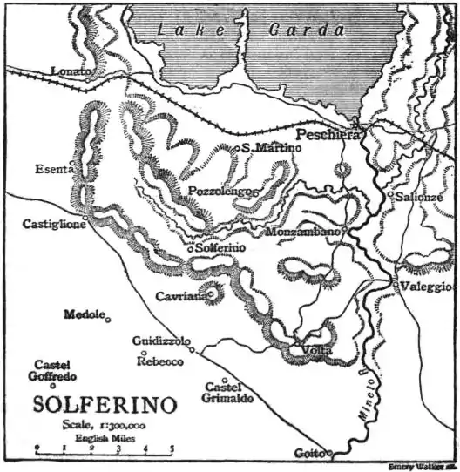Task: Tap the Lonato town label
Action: tap(71, 71)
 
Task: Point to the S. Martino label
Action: tap(273, 148)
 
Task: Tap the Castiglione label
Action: tap(53, 224)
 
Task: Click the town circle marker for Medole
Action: tap(108, 320)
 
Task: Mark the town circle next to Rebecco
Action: tap(143, 353)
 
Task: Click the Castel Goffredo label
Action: tap(55, 370)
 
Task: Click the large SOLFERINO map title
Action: tap(105, 405)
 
